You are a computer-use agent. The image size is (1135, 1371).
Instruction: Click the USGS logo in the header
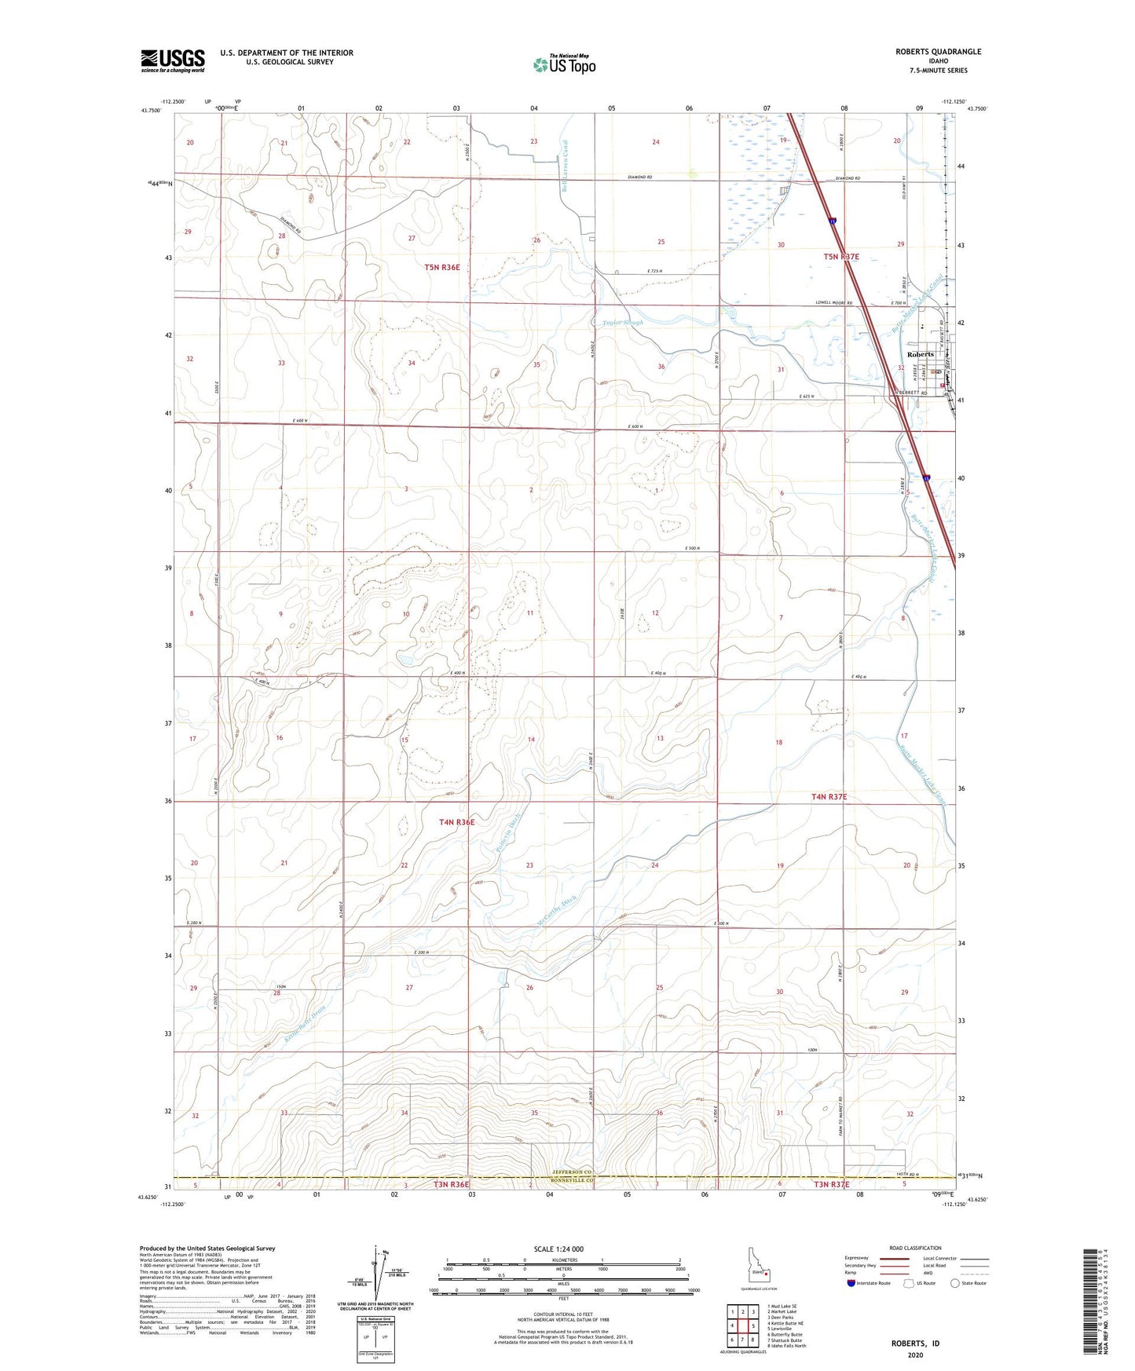(x=172, y=60)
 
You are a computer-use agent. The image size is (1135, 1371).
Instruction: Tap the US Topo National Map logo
(x=562, y=64)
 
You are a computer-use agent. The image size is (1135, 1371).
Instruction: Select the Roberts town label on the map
(x=921, y=354)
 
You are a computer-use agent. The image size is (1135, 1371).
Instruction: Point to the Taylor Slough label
(x=622, y=323)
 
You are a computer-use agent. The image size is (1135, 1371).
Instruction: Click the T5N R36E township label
(x=442, y=267)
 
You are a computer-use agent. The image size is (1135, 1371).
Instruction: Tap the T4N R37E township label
(x=840, y=796)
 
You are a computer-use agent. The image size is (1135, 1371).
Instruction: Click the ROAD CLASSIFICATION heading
(x=915, y=1248)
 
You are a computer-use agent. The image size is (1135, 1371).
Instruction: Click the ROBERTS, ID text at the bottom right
(x=915, y=1344)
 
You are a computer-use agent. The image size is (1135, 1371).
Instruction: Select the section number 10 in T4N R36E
(x=406, y=614)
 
